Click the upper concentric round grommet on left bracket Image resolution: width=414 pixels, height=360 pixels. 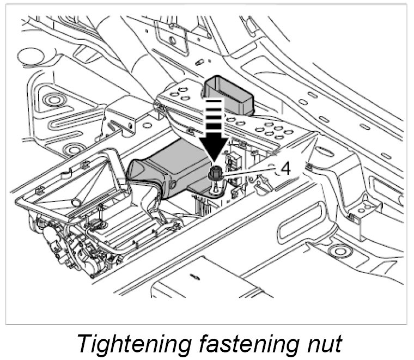[53, 100]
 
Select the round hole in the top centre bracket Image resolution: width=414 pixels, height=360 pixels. [173, 40]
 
